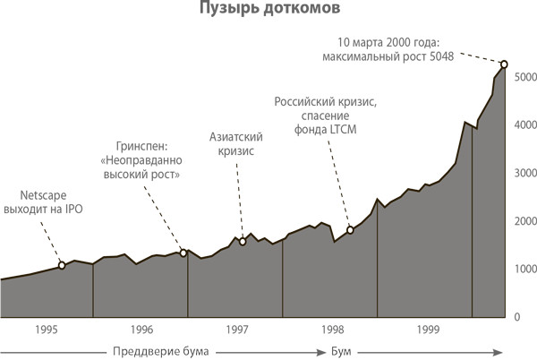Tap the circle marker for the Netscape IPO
tap(61, 265)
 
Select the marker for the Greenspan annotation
tap(183, 253)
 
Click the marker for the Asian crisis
tap(243, 242)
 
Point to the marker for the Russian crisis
tap(350, 230)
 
